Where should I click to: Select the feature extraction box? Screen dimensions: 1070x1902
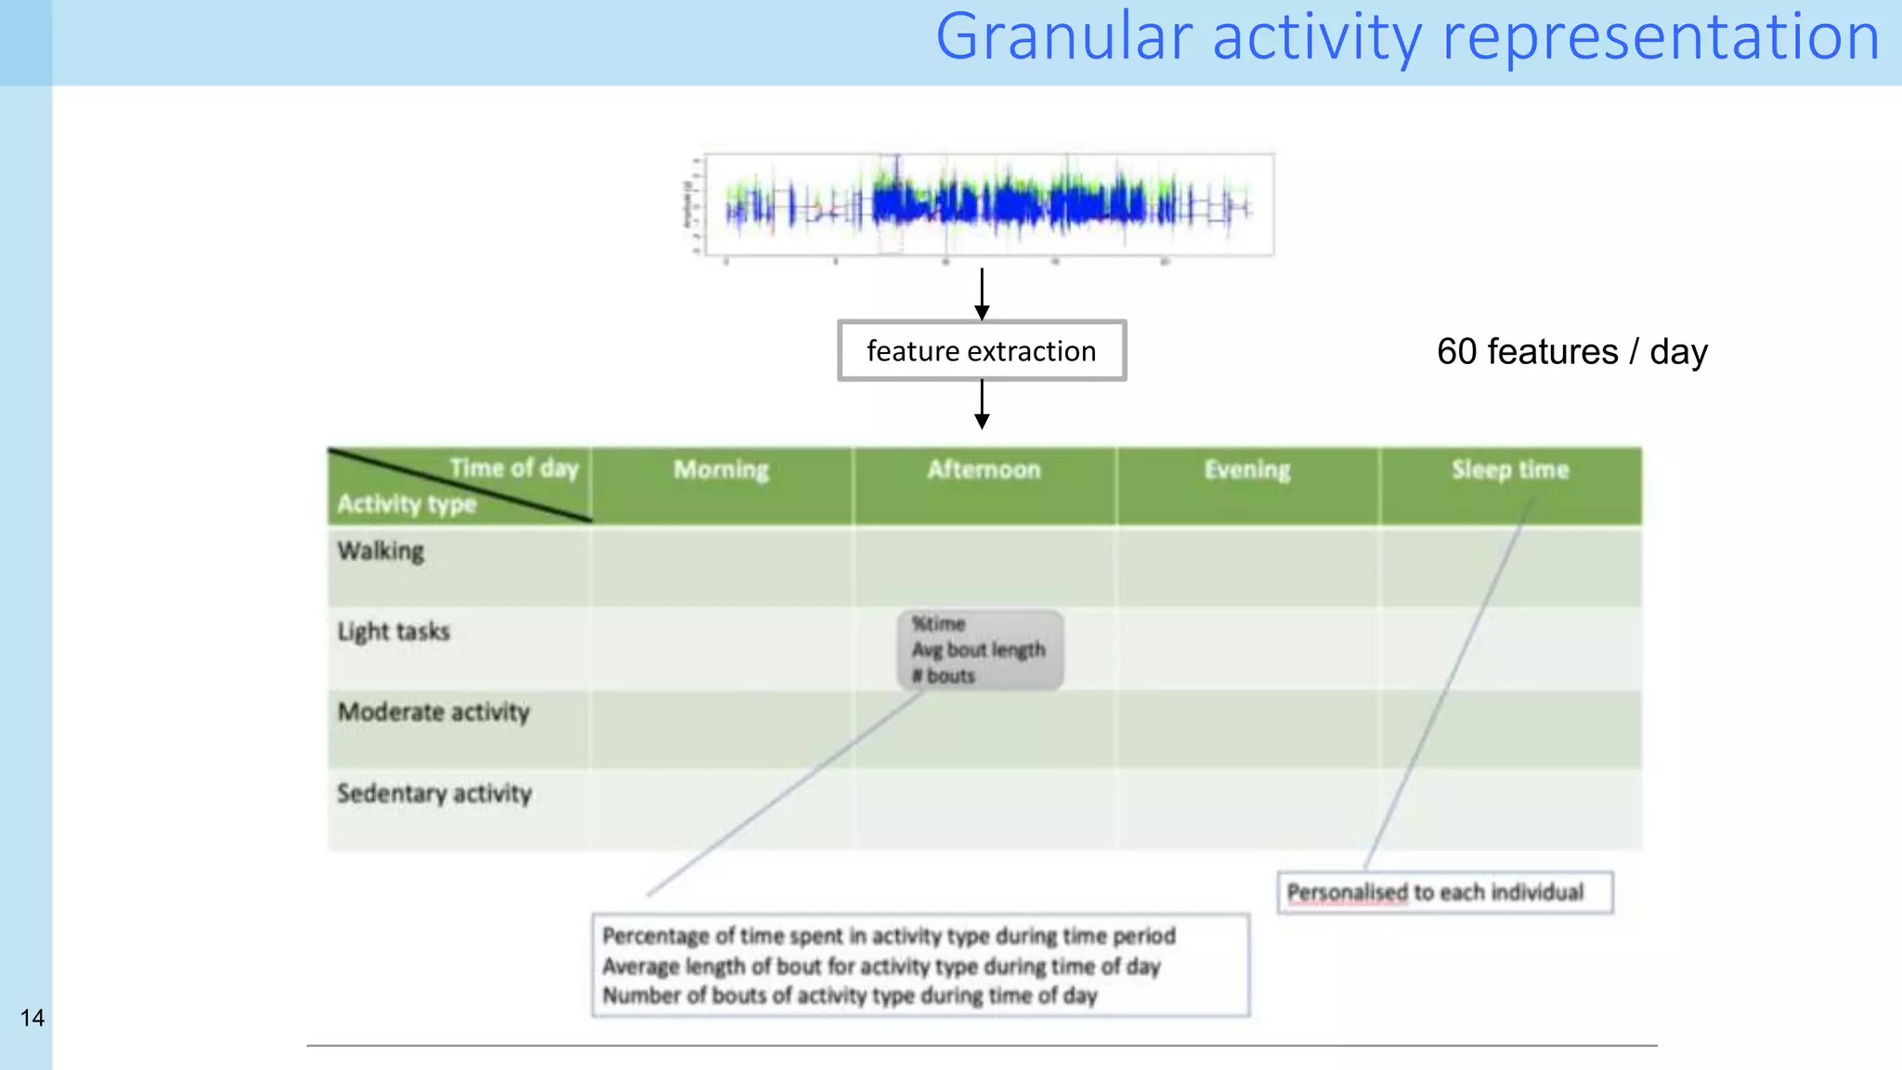[982, 351]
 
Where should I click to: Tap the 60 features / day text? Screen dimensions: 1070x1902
[1571, 352]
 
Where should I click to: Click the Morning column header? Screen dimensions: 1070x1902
[722, 470]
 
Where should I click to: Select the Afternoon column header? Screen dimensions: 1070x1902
[984, 470]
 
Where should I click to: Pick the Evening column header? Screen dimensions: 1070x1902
[1247, 470]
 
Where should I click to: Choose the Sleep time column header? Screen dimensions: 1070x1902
[1510, 470]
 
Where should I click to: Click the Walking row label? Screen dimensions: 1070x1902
[381, 551]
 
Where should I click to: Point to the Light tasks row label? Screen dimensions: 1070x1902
[394, 632]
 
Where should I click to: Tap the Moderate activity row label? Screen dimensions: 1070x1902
[434, 712]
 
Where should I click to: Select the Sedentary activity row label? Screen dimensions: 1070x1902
[435, 793]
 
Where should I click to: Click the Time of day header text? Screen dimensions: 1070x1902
[514, 468]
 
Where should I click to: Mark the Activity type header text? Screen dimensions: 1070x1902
[406, 504]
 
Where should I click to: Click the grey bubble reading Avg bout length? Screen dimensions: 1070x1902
[979, 650]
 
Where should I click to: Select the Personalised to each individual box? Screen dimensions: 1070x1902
[1444, 893]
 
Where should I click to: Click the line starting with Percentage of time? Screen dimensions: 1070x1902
[889, 936]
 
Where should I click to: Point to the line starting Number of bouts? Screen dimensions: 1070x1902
[850, 996]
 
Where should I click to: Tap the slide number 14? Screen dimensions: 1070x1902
[33, 1018]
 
